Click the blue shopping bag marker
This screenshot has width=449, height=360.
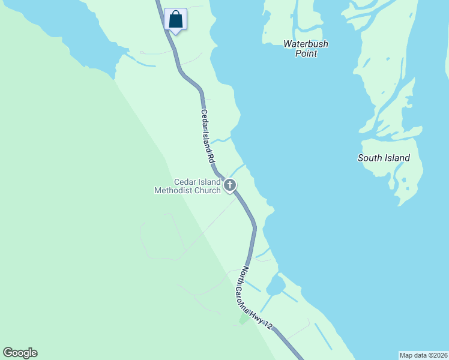tap(175, 19)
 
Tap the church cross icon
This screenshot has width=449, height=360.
tap(229, 185)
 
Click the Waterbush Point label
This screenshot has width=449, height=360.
tap(306, 49)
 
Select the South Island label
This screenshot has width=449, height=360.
tap(384, 158)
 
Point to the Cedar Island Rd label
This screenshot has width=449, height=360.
tap(207, 137)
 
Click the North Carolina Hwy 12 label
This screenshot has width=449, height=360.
tap(258, 298)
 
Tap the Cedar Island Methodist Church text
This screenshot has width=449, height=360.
tap(188, 187)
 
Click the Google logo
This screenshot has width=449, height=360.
tap(20, 353)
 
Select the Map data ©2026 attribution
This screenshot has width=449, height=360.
tap(423, 355)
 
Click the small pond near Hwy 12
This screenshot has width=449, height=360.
tap(276, 286)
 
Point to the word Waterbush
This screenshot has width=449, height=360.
tap(306, 44)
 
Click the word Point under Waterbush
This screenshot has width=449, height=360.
tap(306, 53)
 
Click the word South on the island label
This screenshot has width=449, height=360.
tap(369, 158)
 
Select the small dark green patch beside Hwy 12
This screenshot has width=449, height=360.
tap(243, 319)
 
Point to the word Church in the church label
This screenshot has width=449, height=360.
tap(208, 191)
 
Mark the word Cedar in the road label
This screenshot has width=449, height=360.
tap(204, 116)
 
